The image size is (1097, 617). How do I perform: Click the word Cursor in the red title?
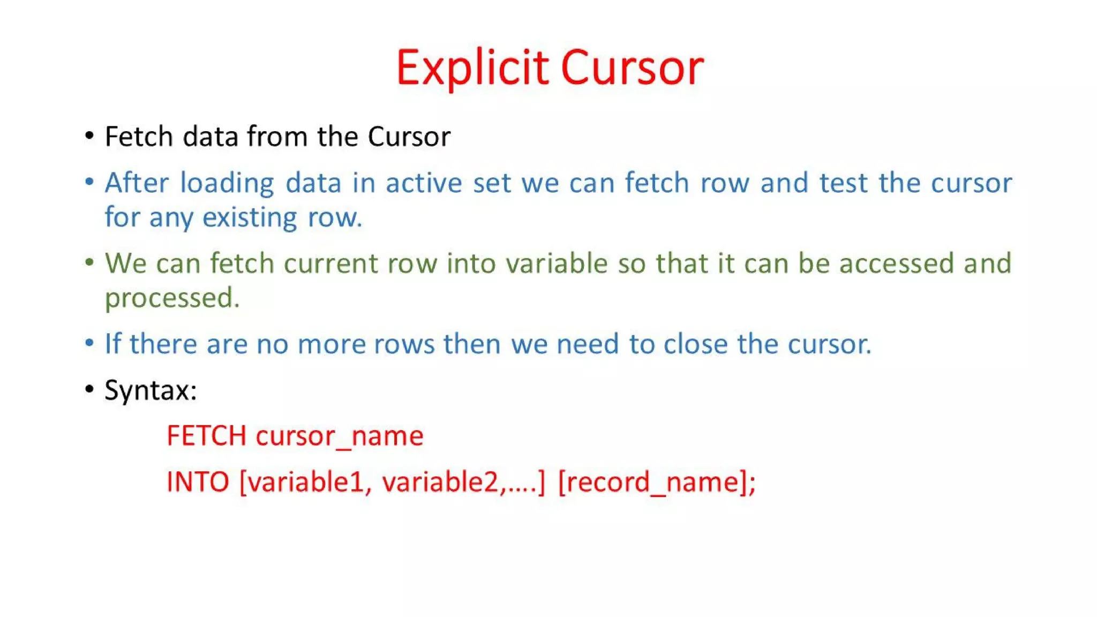pos(632,68)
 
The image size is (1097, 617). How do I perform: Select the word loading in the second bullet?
pos(227,183)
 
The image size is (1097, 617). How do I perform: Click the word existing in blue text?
pos(250,218)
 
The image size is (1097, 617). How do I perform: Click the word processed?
pos(171,298)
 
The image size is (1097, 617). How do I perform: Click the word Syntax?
pos(150,390)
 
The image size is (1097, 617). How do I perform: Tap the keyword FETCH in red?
pos(206,436)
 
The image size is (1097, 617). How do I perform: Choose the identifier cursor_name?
pos(340,436)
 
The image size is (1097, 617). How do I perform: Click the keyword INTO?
pos(198,482)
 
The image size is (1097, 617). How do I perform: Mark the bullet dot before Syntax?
pos(89,389)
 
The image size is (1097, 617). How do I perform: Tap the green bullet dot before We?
pos(89,262)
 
